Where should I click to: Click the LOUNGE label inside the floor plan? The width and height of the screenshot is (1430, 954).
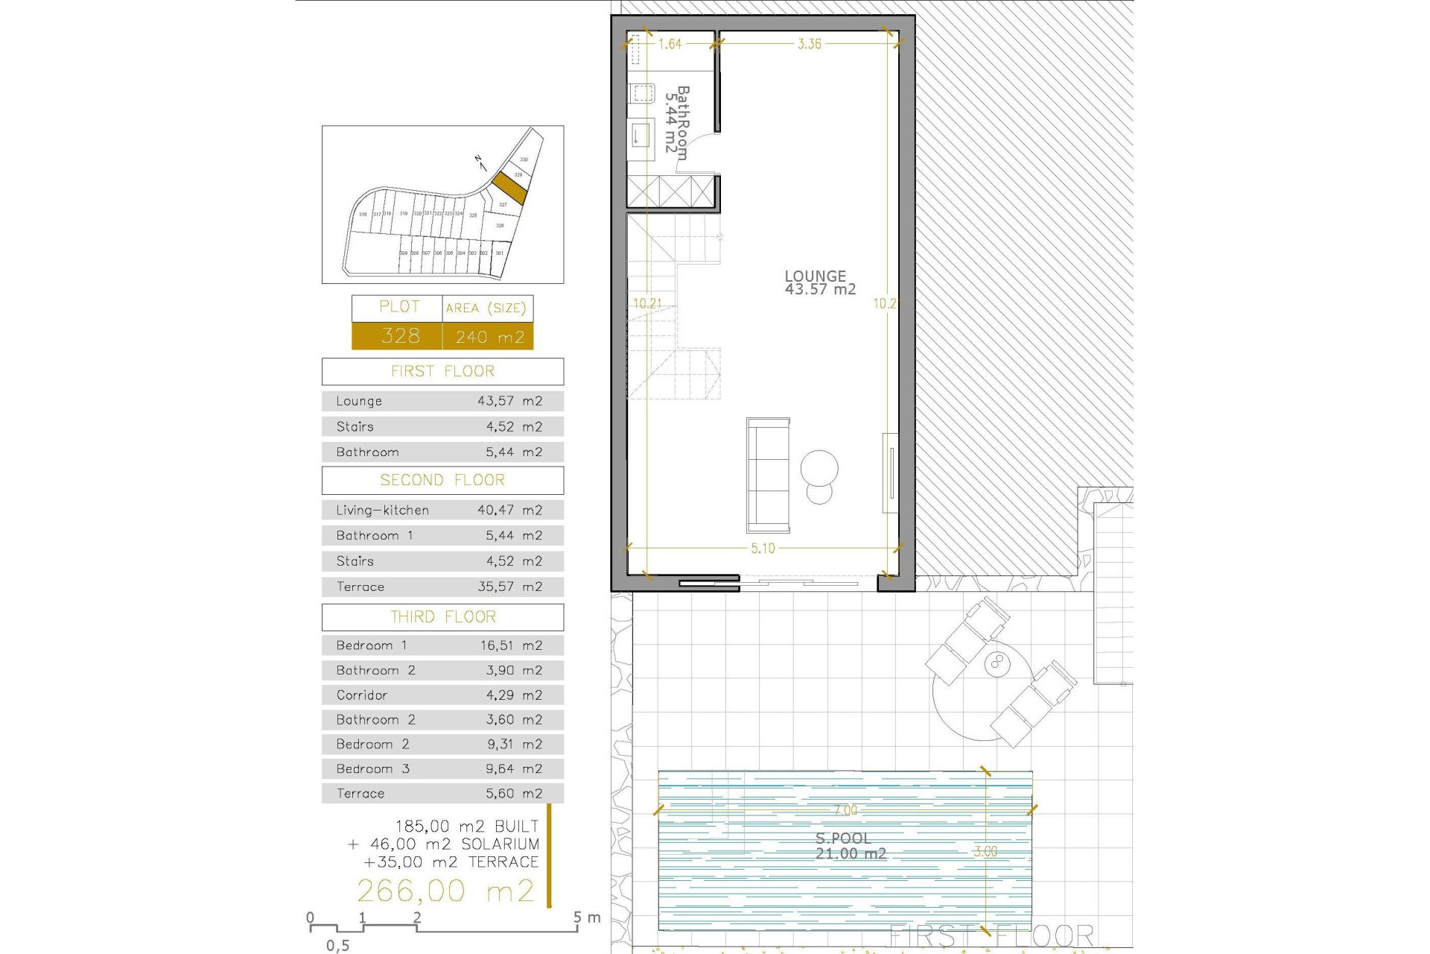click(816, 276)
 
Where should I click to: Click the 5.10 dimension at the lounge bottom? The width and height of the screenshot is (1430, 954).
click(763, 549)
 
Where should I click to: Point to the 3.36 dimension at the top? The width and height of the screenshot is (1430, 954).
click(810, 44)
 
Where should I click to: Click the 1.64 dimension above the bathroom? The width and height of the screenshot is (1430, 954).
click(670, 44)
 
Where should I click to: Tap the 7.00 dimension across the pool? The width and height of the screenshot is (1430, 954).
click(845, 810)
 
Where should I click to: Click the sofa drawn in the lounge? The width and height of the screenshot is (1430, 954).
click(768, 474)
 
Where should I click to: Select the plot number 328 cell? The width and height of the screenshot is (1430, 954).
click(400, 336)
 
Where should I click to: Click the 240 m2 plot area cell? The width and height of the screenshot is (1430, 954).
click(489, 337)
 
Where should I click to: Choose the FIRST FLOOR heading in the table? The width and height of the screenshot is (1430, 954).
click(442, 371)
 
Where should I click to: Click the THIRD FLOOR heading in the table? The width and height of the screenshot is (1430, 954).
click(442, 617)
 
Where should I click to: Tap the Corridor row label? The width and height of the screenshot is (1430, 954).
click(362, 695)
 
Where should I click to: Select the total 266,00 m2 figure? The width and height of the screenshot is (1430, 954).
click(445, 891)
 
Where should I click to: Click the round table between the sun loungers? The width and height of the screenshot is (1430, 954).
click(997, 664)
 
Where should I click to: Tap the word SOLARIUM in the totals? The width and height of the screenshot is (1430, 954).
click(500, 844)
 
